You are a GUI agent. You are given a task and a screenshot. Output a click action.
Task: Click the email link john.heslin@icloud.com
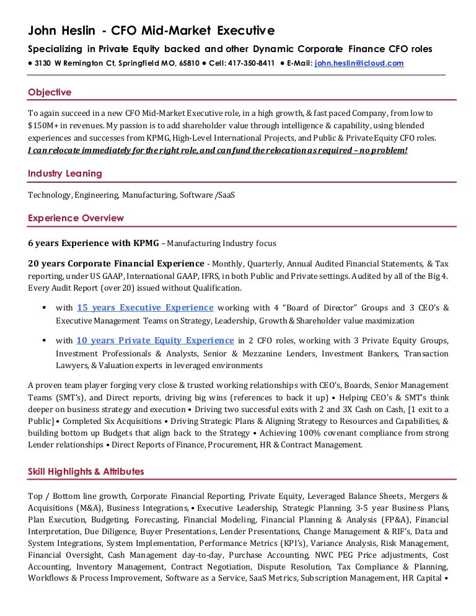(359, 63)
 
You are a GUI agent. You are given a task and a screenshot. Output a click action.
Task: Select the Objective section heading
(50, 92)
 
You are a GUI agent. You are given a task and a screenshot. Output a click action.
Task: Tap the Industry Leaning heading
(65, 174)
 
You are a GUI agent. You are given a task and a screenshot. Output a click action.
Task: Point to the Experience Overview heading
(76, 218)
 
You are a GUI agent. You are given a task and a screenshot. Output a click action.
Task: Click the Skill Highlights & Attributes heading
(86, 472)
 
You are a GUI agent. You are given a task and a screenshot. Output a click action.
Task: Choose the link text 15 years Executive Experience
(145, 307)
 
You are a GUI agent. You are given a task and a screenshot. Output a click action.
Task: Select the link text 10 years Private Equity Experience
(155, 340)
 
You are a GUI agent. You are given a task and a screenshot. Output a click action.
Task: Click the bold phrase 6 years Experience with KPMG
(94, 243)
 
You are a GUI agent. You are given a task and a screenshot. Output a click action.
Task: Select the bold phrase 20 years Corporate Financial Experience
(116, 263)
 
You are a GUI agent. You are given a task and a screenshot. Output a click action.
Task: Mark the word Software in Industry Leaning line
(196, 195)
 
